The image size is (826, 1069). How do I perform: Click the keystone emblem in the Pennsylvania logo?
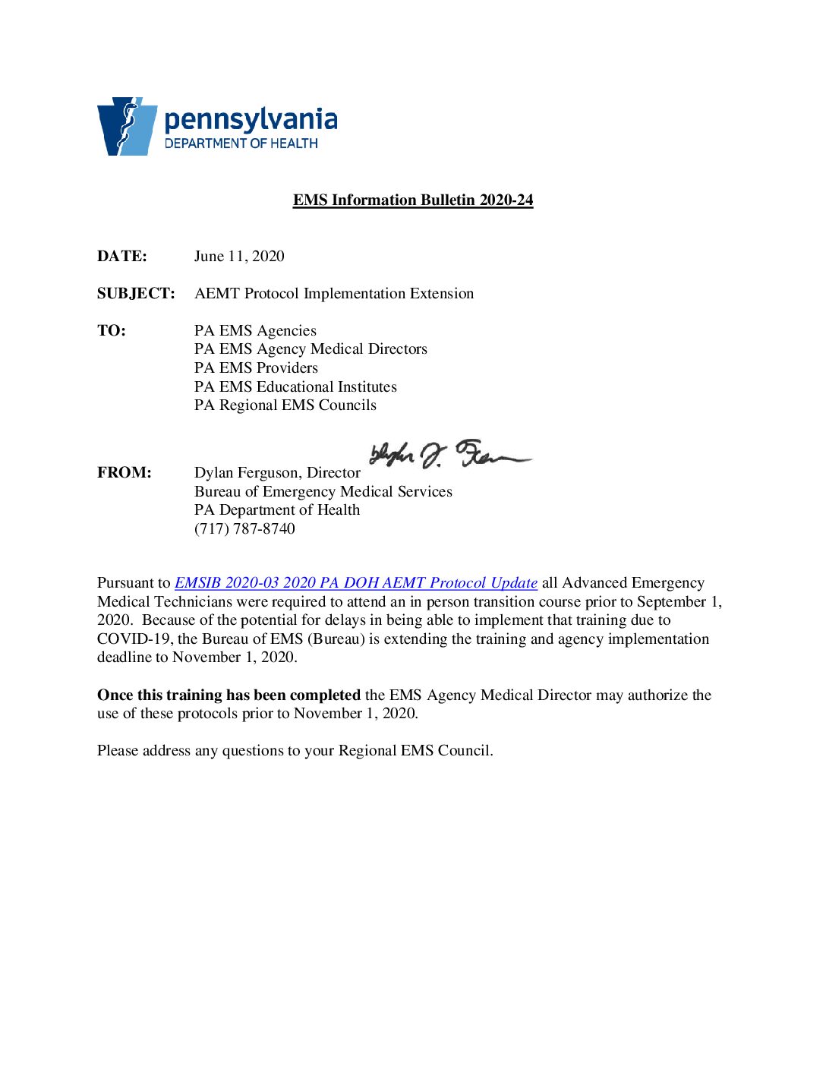click(x=126, y=126)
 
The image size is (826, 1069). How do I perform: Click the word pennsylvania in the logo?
click(x=251, y=120)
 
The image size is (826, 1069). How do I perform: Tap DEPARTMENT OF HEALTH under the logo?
click(x=241, y=143)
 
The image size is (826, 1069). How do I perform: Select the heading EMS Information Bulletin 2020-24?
click(x=413, y=200)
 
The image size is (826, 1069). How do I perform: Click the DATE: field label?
click(x=121, y=256)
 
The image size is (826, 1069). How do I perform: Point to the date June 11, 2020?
click(x=239, y=256)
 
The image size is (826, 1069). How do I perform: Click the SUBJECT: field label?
click(x=136, y=293)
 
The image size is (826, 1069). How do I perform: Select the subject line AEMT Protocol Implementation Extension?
click(x=334, y=293)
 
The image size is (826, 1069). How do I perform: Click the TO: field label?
click(x=112, y=330)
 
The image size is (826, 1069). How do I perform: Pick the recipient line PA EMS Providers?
click(x=256, y=367)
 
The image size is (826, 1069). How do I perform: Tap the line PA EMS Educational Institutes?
click(x=295, y=386)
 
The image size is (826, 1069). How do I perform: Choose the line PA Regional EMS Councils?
click(x=285, y=405)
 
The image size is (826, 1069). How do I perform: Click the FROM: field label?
click(x=124, y=472)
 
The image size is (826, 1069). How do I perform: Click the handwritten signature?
click(x=448, y=456)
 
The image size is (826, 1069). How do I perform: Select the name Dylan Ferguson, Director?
click(x=277, y=472)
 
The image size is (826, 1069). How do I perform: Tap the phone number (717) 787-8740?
click(x=244, y=528)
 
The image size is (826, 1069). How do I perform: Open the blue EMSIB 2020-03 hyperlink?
click(x=356, y=582)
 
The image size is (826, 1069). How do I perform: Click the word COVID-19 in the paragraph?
click(x=134, y=639)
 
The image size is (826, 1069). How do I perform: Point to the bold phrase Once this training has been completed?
click(x=229, y=695)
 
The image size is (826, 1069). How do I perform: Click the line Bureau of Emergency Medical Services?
click(x=323, y=491)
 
